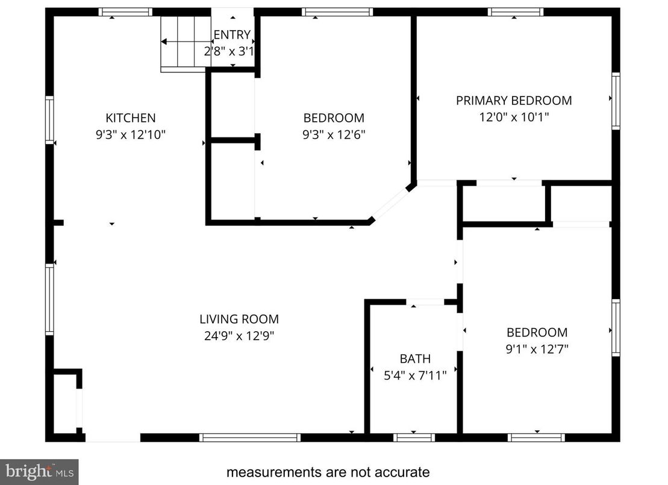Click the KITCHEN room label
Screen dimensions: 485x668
[x=131, y=118]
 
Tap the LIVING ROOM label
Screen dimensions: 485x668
[x=239, y=320]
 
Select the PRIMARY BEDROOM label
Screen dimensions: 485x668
[x=514, y=101]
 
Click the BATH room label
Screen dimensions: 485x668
[x=415, y=359]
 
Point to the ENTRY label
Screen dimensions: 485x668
[x=232, y=35]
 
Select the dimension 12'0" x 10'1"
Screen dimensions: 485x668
[x=514, y=117]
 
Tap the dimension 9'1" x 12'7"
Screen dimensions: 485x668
[x=537, y=349]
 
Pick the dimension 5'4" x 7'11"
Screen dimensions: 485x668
[x=415, y=376]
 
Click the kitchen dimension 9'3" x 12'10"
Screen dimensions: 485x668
[x=131, y=135]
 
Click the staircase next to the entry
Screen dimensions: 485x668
[x=184, y=42]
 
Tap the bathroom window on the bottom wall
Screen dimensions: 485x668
[x=414, y=437]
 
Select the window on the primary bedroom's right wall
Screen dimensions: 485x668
[x=616, y=101]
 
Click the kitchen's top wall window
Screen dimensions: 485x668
[x=125, y=11]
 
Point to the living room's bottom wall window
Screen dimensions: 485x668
[x=249, y=437]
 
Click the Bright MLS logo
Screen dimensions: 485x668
[x=39, y=471]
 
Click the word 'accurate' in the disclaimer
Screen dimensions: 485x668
[x=402, y=472]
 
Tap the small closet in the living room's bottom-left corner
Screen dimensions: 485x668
[x=66, y=403]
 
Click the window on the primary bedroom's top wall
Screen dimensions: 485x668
[x=515, y=11]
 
